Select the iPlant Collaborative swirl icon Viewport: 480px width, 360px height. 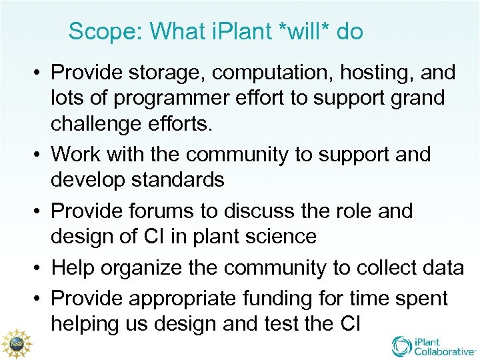point(402,345)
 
